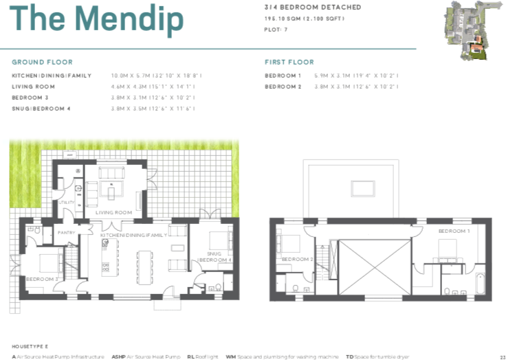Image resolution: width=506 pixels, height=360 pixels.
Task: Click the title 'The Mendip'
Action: coord(97,19)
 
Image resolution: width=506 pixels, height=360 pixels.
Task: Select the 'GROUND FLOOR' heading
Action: coord(42,62)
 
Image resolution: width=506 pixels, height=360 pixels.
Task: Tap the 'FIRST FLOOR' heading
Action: coord(289,62)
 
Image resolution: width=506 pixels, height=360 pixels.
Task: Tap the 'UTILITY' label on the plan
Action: coord(66,203)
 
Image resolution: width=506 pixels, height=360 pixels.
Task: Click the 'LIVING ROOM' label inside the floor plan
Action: coord(113,212)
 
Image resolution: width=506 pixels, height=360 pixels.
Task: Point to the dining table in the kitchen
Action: coord(146,265)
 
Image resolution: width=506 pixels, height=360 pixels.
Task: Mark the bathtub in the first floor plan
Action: coord(480,283)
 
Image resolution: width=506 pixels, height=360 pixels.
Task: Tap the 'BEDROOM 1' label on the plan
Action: coord(454,231)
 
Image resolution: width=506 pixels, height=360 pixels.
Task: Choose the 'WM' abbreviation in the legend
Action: coord(230,357)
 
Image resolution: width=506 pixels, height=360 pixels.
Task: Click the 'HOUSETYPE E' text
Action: coord(29,347)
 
